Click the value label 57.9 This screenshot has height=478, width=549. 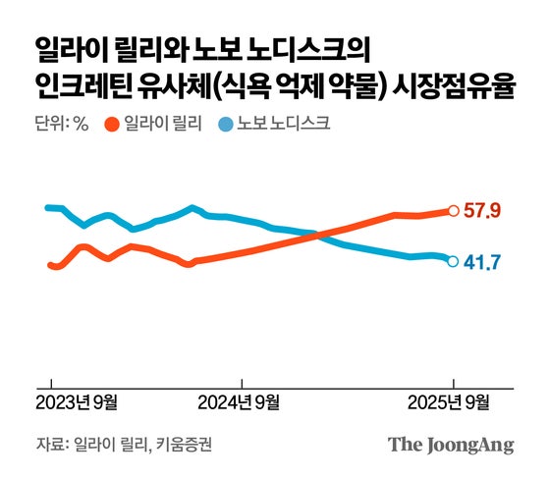(482, 211)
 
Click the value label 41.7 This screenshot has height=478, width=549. (482, 262)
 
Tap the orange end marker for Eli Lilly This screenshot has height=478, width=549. (453, 210)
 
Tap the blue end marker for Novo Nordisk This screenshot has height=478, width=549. (453, 261)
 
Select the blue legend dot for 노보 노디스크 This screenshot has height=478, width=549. (226, 125)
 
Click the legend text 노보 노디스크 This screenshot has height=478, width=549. (282, 125)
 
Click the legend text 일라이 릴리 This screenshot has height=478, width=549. (162, 125)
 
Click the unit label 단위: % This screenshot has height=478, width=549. (61, 125)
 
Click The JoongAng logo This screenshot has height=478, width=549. (451, 445)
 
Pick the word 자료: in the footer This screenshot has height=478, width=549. (52, 445)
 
